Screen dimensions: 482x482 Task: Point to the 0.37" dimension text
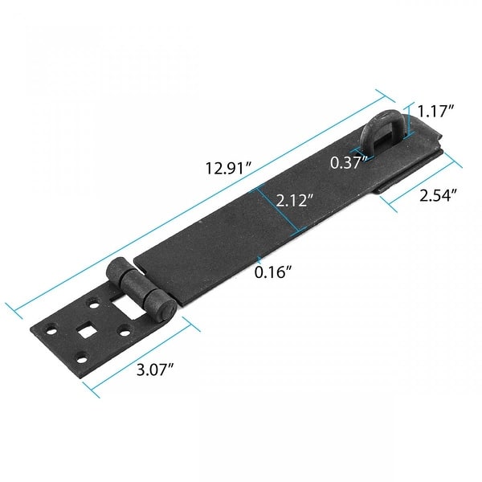[349, 162]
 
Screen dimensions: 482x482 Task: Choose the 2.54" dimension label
[439, 194]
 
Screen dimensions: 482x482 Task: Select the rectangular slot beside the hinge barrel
[126, 304]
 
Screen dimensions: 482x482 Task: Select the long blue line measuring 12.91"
[201, 202]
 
